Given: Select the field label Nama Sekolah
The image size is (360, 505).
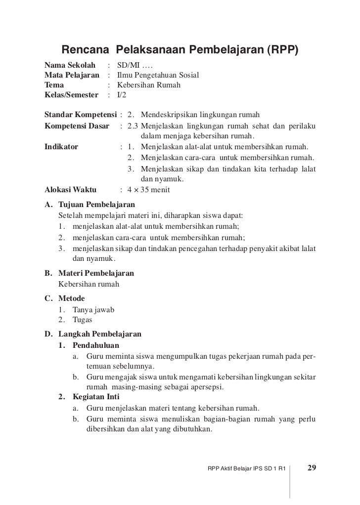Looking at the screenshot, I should [69, 66].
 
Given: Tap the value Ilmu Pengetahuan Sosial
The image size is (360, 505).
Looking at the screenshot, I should [158, 76].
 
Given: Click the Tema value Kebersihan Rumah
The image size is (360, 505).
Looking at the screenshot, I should [142, 85].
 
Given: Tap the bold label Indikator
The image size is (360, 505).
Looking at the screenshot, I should [61, 146].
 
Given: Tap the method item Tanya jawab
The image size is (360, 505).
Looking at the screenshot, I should [93, 309].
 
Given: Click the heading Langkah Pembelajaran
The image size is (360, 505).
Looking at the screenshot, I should [100, 334].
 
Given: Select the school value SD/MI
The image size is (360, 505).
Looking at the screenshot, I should [128, 66].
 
